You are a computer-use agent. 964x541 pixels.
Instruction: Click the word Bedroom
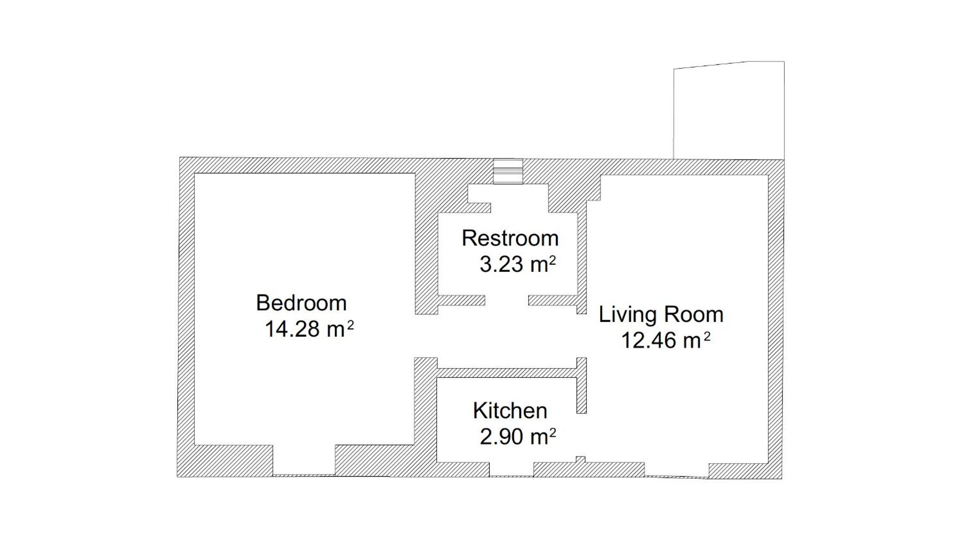click(x=301, y=303)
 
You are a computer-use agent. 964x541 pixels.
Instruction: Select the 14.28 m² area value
click(x=309, y=329)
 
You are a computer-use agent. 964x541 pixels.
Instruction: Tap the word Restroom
click(x=510, y=238)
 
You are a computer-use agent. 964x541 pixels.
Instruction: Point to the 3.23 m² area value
click(x=518, y=264)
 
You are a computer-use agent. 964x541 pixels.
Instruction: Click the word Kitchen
click(x=510, y=411)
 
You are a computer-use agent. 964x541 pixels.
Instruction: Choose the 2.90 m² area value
click(x=518, y=437)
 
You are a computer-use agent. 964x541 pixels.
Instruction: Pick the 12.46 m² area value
click(x=666, y=340)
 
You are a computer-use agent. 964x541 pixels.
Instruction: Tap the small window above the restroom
click(x=508, y=171)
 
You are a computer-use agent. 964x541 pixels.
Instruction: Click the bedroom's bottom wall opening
click(x=304, y=460)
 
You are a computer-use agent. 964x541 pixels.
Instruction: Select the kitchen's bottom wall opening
click(x=511, y=469)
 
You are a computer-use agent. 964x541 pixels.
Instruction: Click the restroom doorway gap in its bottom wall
click(x=507, y=300)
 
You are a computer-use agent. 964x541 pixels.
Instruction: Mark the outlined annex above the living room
click(x=729, y=110)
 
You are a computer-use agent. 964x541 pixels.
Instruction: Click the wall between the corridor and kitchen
click(x=507, y=373)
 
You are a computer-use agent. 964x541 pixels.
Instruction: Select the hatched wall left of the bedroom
click(x=186, y=317)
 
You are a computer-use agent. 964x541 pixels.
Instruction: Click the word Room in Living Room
click(x=693, y=314)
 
